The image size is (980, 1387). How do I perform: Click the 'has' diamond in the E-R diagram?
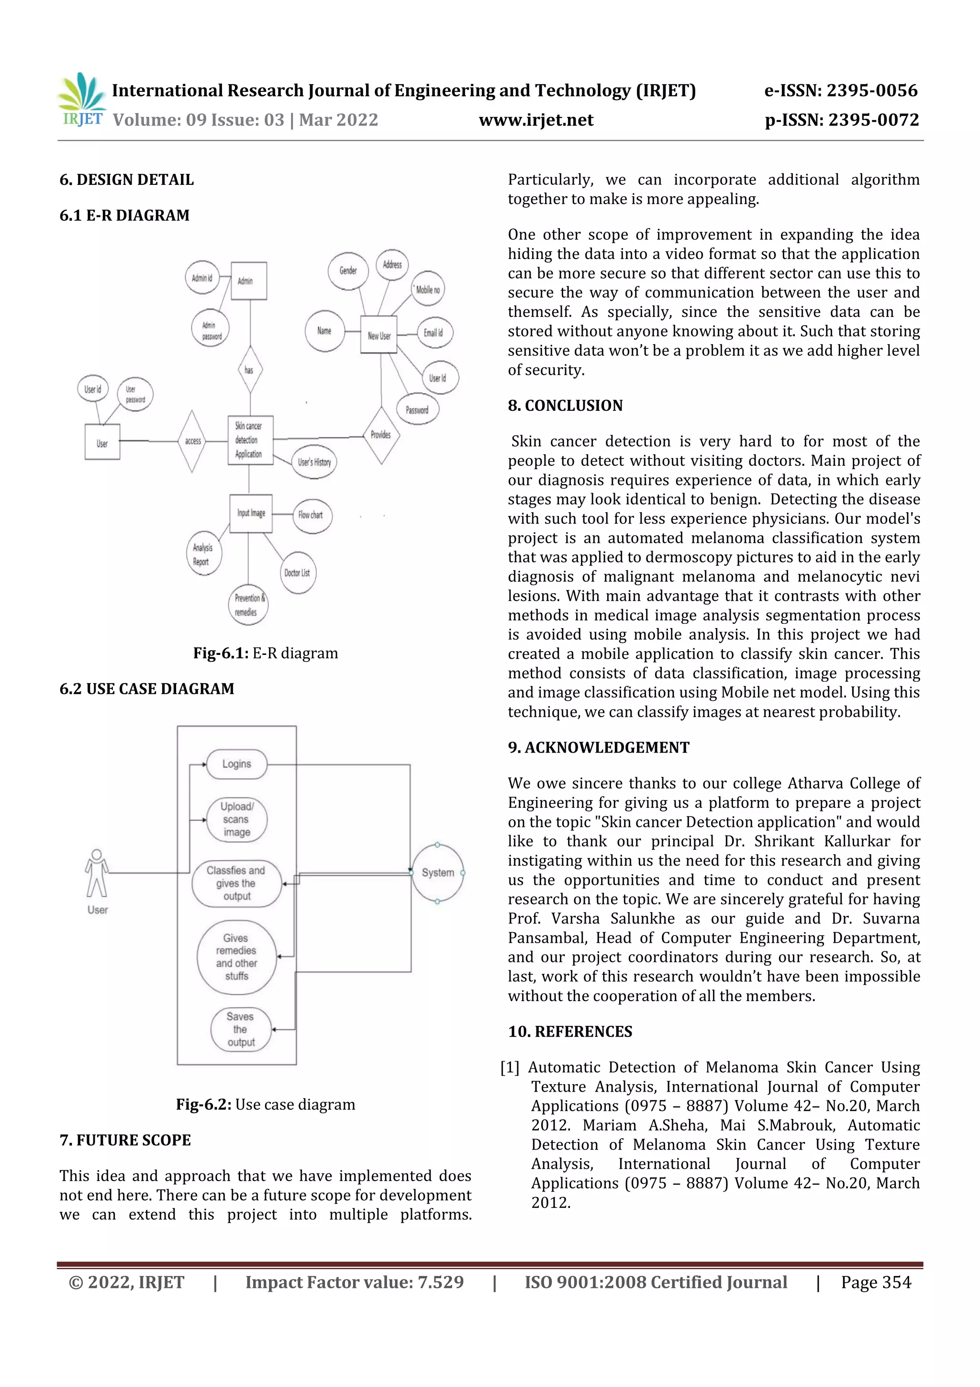pos(250,370)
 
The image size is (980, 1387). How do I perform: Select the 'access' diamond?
pos(193,441)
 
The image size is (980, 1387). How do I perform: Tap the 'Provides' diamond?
pos(381,434)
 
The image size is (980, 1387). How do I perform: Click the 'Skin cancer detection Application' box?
pos(250,440)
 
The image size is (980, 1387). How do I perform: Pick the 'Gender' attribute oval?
pos(348,271)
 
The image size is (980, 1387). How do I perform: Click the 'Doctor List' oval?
pos(297,572)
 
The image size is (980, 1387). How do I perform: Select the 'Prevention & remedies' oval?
pos(247,605)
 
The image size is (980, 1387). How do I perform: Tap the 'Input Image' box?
pos(251,513)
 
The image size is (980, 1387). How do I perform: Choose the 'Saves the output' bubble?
pos(240,1029)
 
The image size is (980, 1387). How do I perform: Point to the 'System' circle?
pos(438,872)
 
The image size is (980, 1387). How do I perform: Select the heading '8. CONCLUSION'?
pos(565,406)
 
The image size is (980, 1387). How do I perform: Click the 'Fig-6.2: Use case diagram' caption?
pos(265,1104)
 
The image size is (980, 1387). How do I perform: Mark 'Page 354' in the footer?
pos(876,1282)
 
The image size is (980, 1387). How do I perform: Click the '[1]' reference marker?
pos(510,1068)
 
